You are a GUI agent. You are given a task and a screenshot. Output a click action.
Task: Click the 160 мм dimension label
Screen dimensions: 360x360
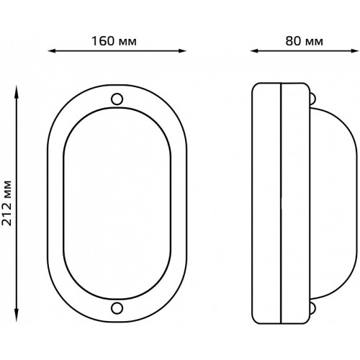[114, 41]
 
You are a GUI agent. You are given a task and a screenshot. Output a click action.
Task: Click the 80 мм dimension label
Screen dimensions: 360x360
[304, 41]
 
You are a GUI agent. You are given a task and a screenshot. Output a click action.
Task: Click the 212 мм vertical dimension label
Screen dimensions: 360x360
[6, 203]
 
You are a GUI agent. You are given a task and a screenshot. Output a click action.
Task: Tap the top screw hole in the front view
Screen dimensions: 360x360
[117, 99]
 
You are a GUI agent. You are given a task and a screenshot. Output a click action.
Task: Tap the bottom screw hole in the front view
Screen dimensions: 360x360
[117, 308]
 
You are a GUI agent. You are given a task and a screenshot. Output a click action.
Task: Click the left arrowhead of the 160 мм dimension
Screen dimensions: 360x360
[52, 51]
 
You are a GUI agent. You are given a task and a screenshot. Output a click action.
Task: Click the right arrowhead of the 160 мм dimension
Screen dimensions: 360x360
[182, 51]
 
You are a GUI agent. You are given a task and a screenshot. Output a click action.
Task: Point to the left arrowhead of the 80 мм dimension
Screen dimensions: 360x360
[254, 51]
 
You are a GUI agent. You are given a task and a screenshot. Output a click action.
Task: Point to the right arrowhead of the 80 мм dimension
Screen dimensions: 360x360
[355, 51]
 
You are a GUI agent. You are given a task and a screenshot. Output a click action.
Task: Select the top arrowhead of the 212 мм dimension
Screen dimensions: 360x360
[17, 89]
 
